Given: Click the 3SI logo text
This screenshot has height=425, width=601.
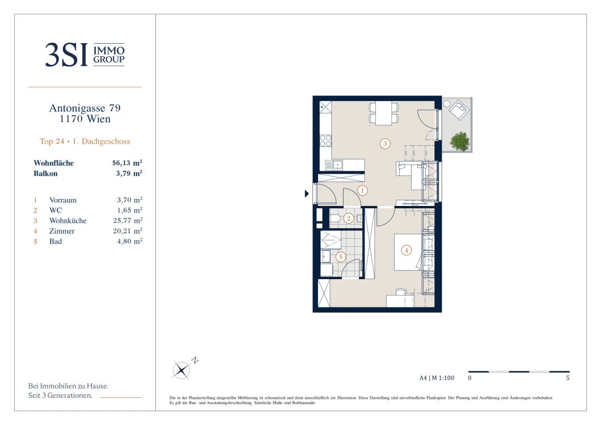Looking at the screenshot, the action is (66, 54).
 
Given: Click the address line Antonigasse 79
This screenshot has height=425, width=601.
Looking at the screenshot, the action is (84, 108).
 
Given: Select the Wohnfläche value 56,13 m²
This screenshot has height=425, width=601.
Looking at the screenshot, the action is (127, 163).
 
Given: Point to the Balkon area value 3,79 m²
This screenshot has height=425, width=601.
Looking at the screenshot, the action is (129, 174).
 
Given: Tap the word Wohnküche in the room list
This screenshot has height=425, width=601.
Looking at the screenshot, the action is (68, 221).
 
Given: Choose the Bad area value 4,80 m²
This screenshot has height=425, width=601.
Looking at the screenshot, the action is (129, 241).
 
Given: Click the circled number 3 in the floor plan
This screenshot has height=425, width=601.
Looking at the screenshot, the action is (385, 144).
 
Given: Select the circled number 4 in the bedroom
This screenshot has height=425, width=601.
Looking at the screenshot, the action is (407, 250).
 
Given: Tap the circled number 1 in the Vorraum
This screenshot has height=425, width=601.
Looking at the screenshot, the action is (362, 190).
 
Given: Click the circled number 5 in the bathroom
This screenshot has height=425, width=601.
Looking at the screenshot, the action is (340, 257).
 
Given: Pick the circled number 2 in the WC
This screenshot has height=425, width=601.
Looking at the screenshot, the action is (349, 218).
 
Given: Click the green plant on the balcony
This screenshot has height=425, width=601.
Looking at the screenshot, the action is (460, 141).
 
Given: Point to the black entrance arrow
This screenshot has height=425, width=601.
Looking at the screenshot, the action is (307, 193).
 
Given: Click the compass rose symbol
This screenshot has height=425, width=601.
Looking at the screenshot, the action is (181, 370).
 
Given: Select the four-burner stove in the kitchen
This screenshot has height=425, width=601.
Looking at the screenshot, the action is (326, 141).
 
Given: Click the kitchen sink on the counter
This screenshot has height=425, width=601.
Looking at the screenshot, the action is (338, 165).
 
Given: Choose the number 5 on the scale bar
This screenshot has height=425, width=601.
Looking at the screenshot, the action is (568, 378).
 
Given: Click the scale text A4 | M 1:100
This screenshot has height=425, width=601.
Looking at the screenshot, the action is (437, 378).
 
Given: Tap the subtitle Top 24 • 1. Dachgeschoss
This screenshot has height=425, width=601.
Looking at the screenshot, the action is (84, 141).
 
